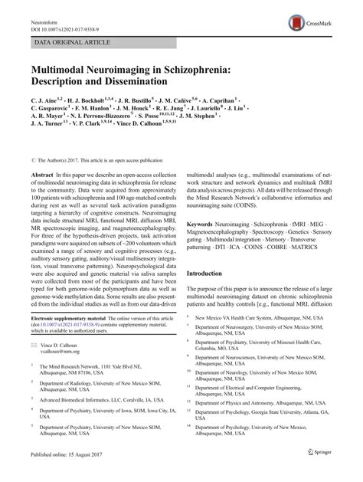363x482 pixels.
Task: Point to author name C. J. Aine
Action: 44,100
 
